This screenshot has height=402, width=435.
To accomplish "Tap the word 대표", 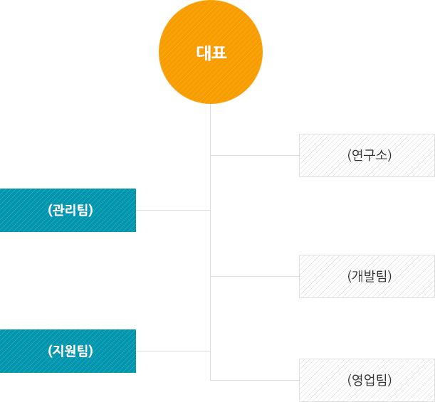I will (x=211, y=52).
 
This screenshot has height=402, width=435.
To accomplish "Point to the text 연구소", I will (x=370, y=154).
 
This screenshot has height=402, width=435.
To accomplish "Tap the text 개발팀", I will (x=370, y=275).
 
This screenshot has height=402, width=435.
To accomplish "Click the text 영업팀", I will (x=370, y=380).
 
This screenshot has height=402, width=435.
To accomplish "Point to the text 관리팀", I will (x=70, y=210).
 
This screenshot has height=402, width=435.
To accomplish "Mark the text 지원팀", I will (x=70, y=351).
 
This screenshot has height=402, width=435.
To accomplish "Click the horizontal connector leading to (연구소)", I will (x=255, y=154).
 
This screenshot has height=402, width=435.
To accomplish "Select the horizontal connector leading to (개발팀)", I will (x=255, y=275).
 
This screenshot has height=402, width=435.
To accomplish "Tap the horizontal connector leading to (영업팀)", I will (x=255, y=380).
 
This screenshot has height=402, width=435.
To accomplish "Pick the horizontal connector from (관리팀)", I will (x=173, y=210).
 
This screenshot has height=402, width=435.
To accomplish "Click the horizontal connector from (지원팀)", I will (x=173, y=351).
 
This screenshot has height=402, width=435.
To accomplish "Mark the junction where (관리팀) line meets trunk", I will (x=211, y=210).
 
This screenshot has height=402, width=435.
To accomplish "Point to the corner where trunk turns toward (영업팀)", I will (x=211, y=380).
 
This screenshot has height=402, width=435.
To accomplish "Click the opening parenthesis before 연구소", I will (x=350, y=154).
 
